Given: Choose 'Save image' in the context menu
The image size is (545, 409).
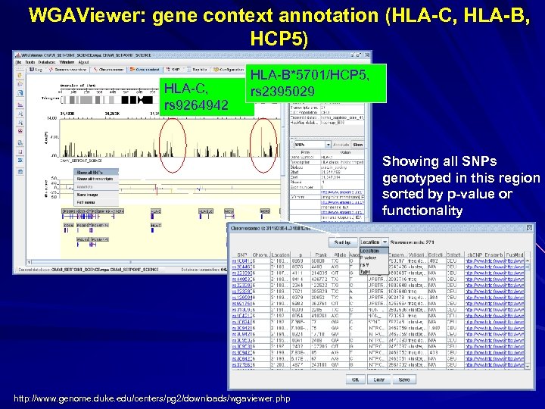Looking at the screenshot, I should coord(89,195).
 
